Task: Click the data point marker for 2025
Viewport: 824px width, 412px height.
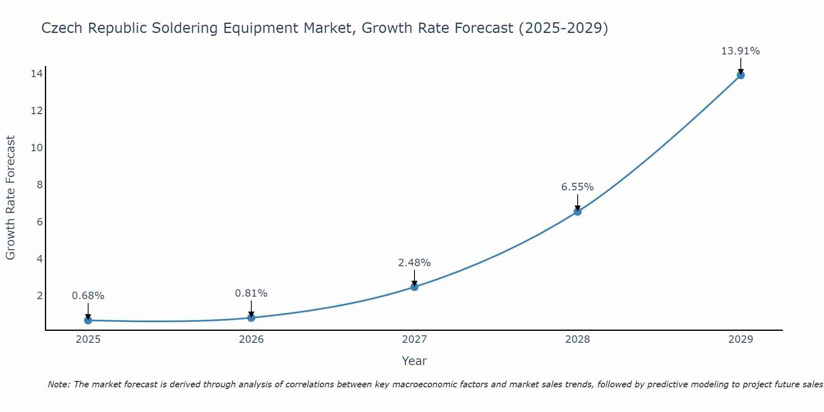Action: (x=88, y=320)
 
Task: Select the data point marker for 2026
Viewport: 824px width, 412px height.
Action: (x=251, y=318)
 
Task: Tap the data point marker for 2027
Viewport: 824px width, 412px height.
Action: (x=414, y=287)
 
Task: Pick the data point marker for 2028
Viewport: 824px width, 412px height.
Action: (x=578, y=212)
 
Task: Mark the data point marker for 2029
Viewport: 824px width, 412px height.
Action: (x=741, y=75)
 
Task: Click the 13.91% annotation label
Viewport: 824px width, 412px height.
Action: (x=740, y=51)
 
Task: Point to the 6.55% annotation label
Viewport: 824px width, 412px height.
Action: (x=577, y=187)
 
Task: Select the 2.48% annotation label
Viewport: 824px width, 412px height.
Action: (x=414, y=262)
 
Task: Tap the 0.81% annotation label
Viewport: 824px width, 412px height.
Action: (x=251, y=293)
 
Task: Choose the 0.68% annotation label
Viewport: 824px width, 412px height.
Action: (x=88, y=296)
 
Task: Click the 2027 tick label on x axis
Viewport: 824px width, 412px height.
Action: (x=414, y=339)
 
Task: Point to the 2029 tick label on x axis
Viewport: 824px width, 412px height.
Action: (x=741, y=339)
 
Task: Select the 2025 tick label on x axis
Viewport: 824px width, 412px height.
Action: (x=88, y=339)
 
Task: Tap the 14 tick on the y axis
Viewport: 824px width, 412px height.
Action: (x=37, y=74)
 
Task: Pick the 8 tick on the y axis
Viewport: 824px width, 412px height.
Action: (x=40, y=185)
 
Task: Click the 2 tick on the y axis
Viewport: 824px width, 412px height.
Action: (x=40, y=296)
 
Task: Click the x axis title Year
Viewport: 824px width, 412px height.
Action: (x=414, y=361)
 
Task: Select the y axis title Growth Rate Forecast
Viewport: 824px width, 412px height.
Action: (x=11, y=198)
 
